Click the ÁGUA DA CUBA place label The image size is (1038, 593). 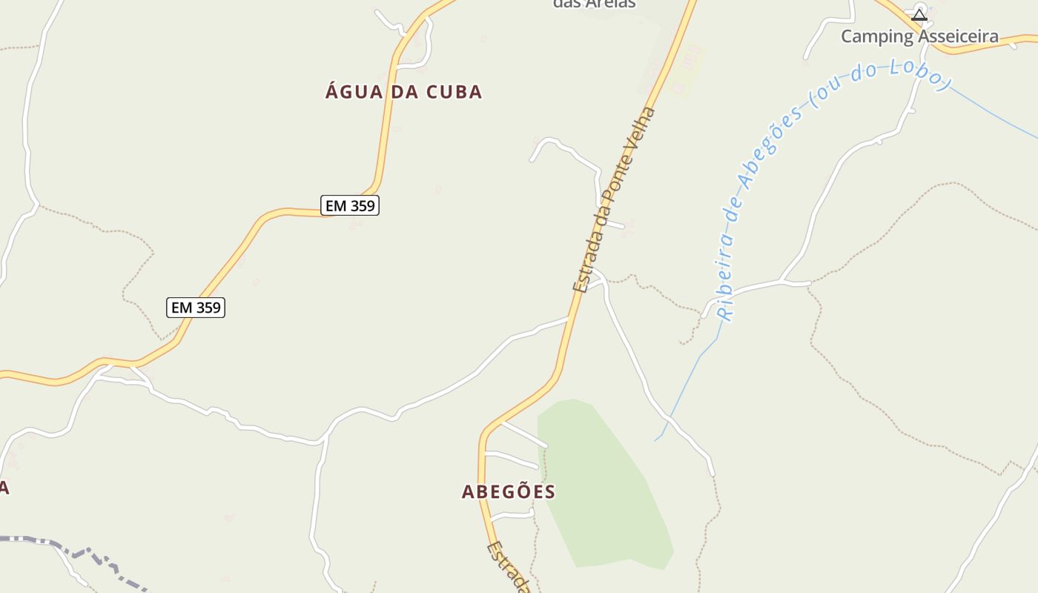403,92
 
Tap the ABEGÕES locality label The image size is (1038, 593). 509,491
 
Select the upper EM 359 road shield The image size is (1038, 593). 350,205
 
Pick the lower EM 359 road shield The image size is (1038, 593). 196,307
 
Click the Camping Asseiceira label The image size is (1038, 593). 919,36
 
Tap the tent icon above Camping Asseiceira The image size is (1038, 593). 919,14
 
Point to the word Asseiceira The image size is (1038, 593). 959,36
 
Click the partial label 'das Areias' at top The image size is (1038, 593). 594,4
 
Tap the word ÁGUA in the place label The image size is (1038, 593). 354,92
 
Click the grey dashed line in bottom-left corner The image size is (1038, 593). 74,549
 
